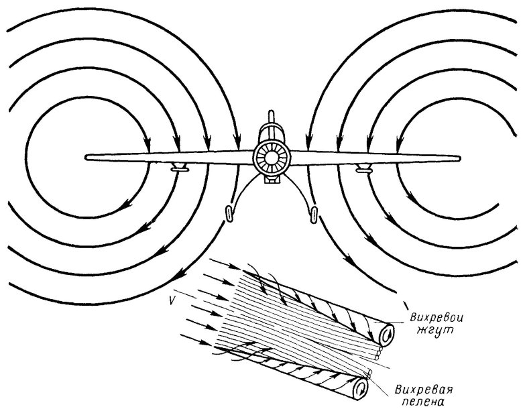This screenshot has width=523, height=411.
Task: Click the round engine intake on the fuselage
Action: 272,158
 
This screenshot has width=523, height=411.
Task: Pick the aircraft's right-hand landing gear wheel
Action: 313,213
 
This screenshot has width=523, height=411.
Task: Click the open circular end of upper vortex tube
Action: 388,335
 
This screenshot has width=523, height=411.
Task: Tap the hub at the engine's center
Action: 272,159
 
